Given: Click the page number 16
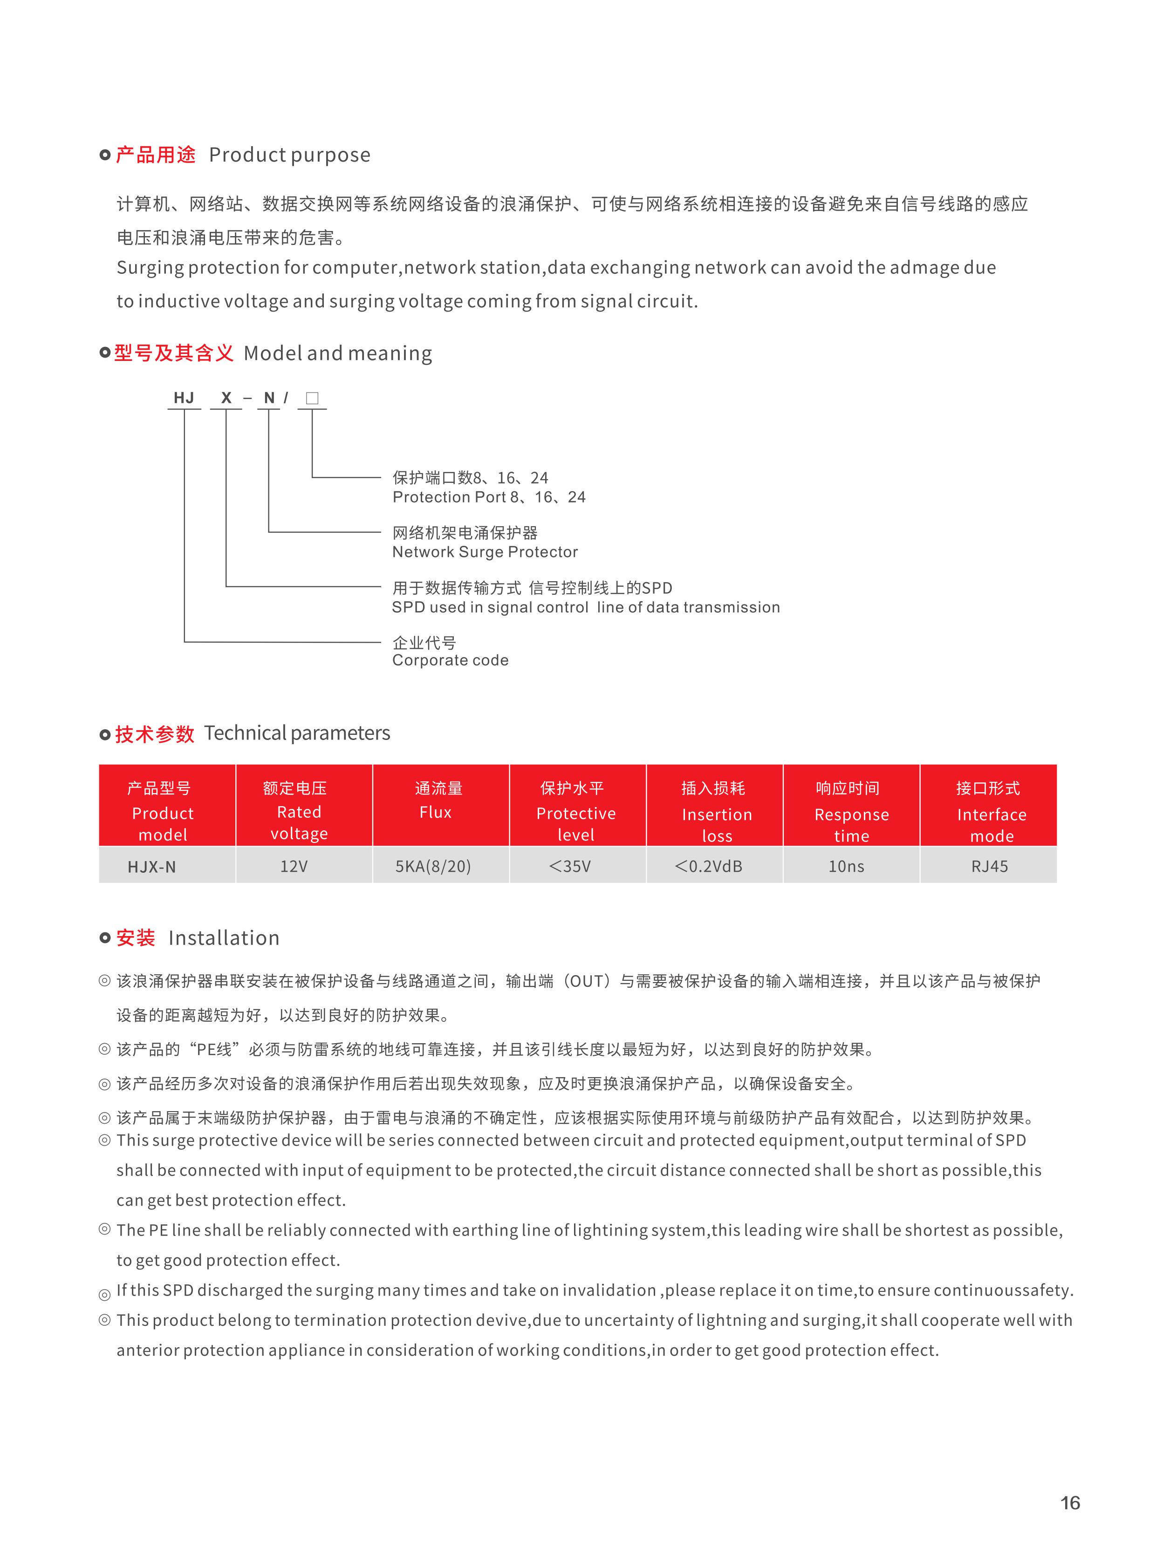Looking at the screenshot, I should [1070, 1503].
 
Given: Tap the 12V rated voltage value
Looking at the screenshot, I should [294, 867].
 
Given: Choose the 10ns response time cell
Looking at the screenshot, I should [846, 867].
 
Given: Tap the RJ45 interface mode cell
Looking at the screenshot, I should [990, 867].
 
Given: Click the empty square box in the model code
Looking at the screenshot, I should [312, 398].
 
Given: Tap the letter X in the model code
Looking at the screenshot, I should [226, 398].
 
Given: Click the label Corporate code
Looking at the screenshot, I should [450, 660].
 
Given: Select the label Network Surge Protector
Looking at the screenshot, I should [485, 552].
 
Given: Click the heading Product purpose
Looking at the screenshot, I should [290, 155].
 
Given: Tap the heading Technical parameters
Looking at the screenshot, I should [297, 733].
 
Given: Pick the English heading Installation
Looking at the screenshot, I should [224, 938].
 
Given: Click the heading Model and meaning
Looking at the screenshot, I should [337, 353].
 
